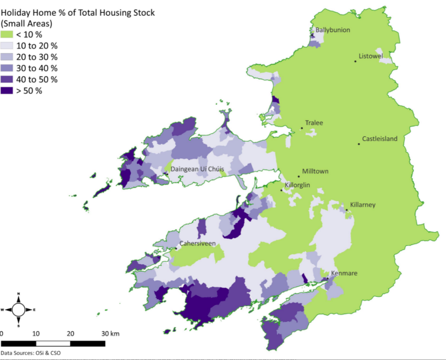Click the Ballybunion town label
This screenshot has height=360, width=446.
[x=333, y=30]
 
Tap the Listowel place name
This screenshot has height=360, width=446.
[x=371, y=56]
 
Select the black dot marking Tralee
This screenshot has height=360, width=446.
[x=301, y=128]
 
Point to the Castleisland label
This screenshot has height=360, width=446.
[x=380, y=139]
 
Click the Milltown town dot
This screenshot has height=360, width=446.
[x=299, y=176]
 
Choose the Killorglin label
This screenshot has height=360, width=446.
[x=297, y=185]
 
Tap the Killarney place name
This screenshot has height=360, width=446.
[x=363, y=205]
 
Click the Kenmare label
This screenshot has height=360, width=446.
[x=344, y=273]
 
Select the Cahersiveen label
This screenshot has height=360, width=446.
[x=197, y=244]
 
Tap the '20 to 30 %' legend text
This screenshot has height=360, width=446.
[x=37, y=57]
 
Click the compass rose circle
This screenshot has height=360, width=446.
[x=18, y=310]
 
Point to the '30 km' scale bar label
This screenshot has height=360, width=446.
[x=110, y=334]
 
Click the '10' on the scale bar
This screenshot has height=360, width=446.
[x=36, y=334]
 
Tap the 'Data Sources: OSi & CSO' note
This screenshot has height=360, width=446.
[x=30, y=353]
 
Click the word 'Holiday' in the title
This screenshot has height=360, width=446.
[x=15, y=13]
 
